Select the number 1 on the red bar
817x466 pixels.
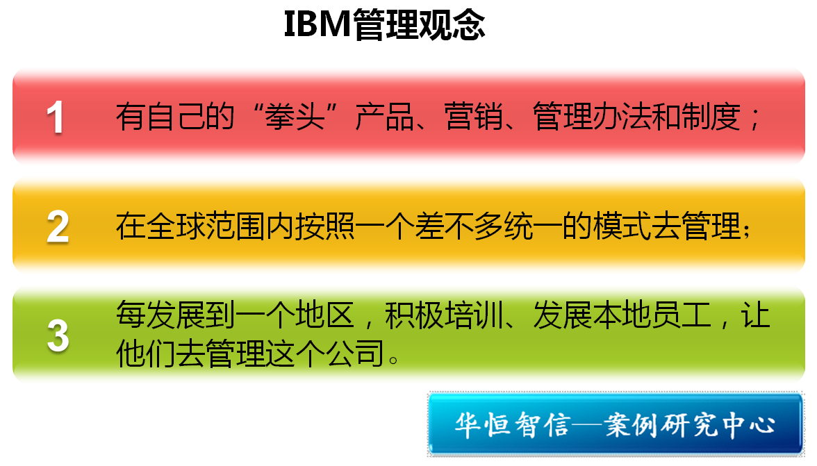click(56, 117)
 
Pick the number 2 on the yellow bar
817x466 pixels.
click(57, 226)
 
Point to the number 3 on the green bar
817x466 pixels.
click(58, 336)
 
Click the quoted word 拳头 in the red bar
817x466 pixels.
click(295, 117)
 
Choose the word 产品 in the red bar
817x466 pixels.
click(385, 117)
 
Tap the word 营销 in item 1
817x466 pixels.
click(474, 117)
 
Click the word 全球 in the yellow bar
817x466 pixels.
click(176, 226)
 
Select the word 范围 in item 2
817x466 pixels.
click(235, 226)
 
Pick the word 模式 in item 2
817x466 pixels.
click(622, 226)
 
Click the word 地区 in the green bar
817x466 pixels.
click(324, 315)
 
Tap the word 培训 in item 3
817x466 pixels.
click(474, 315)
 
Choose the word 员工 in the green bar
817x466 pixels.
click(682, 315)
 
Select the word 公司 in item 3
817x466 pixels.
click(354, 353)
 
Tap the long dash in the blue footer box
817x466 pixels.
click(587, 425)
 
